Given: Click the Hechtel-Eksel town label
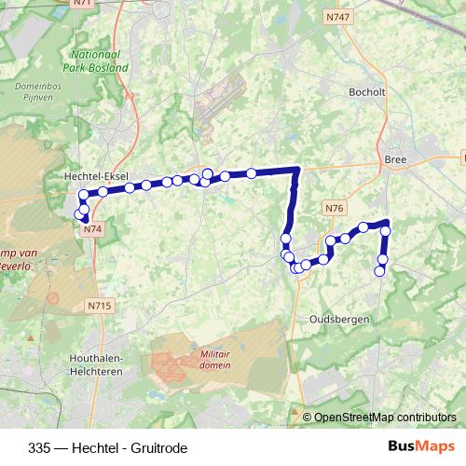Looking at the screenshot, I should (x=95, y=175).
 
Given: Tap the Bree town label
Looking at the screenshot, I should (x=395, y=159).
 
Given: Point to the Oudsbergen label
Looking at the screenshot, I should (x=339, y=319).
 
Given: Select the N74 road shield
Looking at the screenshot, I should (x=91, y=228).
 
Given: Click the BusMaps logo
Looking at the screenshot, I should (x=421, y=447).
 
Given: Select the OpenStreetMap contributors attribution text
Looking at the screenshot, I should (x=385, y=418).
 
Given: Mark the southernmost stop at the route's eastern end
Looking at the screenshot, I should (x=379, y=271).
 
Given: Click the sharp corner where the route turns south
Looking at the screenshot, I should (x=297, y=170).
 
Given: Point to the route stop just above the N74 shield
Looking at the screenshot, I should (x=85, y=218).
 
